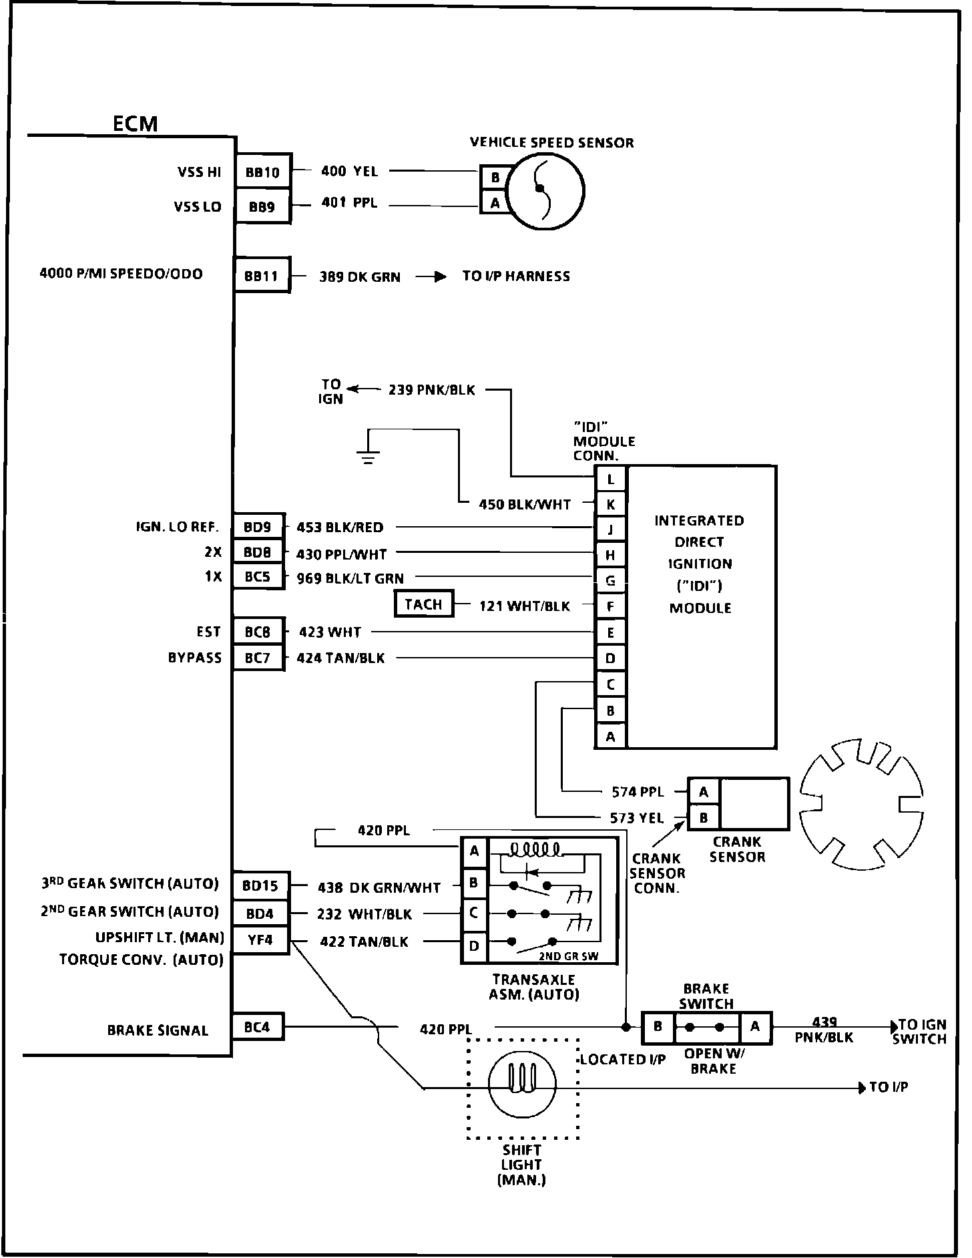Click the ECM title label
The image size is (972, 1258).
click(x=135, y=124)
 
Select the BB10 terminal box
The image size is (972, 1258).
click(x=263, y=172)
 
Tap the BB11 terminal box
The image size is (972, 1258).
click(x=262, y=275)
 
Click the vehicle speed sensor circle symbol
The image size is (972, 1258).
click(x=546, y=190)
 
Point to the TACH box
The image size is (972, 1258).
click(x=423, y=604)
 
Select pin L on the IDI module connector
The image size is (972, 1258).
click(x=610, y=479)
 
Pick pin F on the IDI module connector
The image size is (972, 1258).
click(x=610, y=607)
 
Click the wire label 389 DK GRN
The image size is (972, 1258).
click(x=360, y=276)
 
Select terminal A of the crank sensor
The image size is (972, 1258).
click(x=704, y=792)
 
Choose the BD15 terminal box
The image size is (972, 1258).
click(x=260, y=886)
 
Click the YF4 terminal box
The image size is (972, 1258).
click(x=260, y=940)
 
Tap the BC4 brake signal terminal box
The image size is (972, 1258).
click(x=257, y=1027)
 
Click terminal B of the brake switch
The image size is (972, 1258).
click(x=658, y=1027)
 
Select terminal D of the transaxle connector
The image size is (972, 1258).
click(x=474, y=946)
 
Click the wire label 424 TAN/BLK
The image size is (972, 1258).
click(x=340, y=658)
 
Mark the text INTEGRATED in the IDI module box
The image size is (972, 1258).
click(x=699, y=520)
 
